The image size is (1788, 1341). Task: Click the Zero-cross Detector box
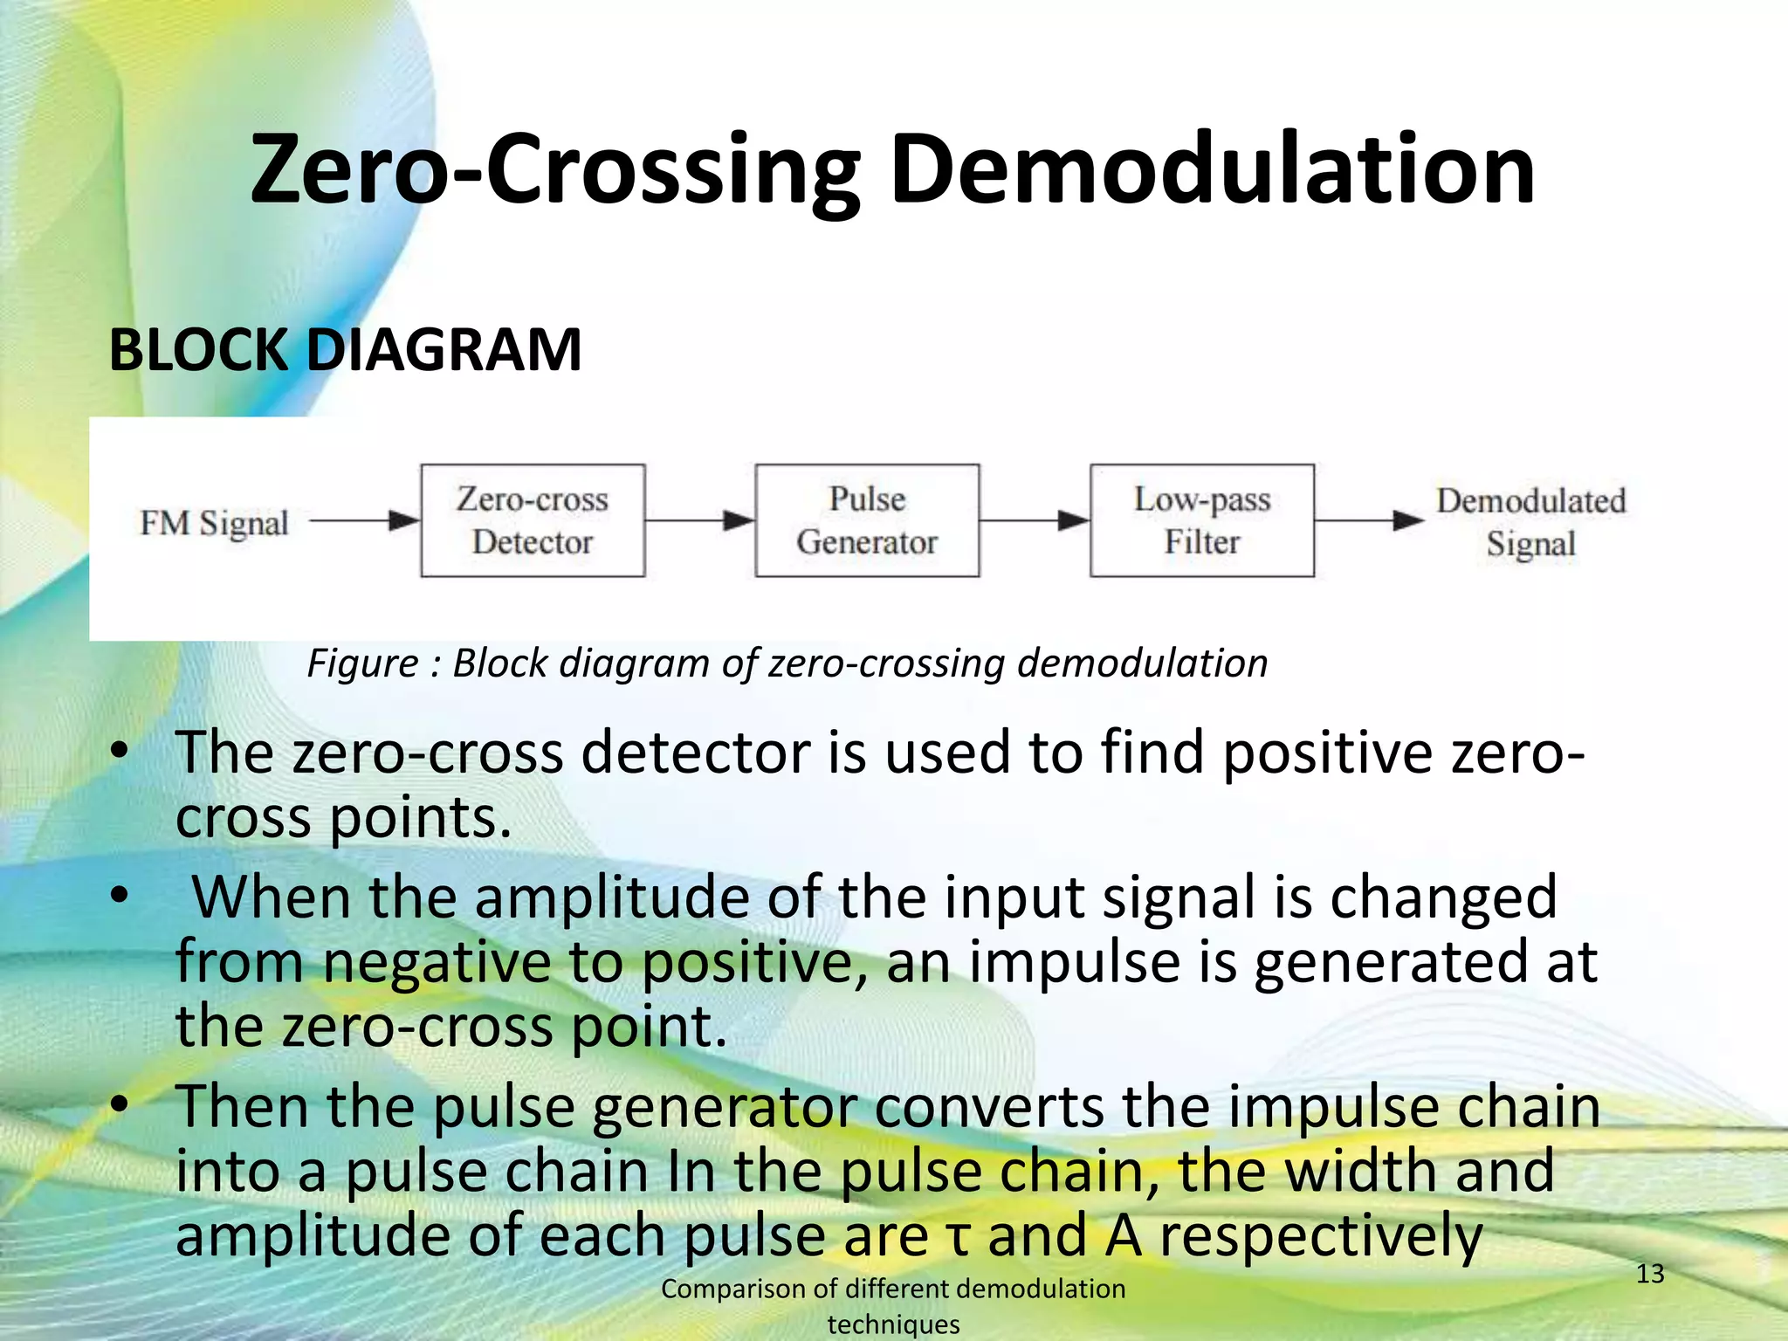(533, 520)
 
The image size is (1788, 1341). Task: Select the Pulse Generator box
(867, 520)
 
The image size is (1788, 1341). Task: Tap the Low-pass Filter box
(1201, 520)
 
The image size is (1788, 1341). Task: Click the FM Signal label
(214, 523)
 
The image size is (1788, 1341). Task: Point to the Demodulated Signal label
(1530, 522)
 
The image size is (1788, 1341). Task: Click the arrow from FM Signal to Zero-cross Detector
(365, 521)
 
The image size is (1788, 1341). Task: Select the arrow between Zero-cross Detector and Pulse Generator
(699, 521)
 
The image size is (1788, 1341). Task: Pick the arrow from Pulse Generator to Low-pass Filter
(1035, 521)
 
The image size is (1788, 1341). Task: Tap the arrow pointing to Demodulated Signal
(1369, 521)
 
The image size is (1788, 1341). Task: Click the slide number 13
(1649, 1274)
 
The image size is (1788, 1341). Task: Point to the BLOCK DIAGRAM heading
(345, 350)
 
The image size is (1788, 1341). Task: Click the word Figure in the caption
(362, 664)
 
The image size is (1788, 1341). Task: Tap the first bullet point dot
(120, 752)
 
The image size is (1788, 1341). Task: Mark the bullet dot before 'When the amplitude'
(120, 896)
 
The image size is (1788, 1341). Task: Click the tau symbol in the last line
(958, 1238)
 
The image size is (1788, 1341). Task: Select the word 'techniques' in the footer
(893, 1324)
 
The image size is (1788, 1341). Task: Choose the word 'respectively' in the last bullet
(1321, 1236)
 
